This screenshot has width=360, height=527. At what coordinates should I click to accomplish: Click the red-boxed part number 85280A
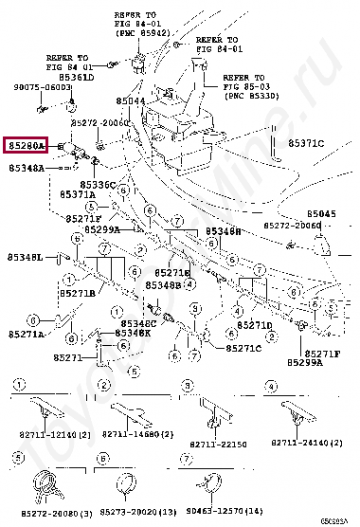(26, 146)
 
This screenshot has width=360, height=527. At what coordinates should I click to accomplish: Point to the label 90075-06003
(41, 87)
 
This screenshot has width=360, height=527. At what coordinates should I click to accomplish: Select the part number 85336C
(99, 185)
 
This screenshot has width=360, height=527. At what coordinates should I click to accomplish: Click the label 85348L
(26, 257)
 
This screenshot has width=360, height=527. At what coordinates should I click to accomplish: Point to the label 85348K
(134, 333)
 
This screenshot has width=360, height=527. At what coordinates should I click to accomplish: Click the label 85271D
(256, 324)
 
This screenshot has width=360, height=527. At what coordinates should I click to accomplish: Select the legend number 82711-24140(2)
(304, 444)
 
